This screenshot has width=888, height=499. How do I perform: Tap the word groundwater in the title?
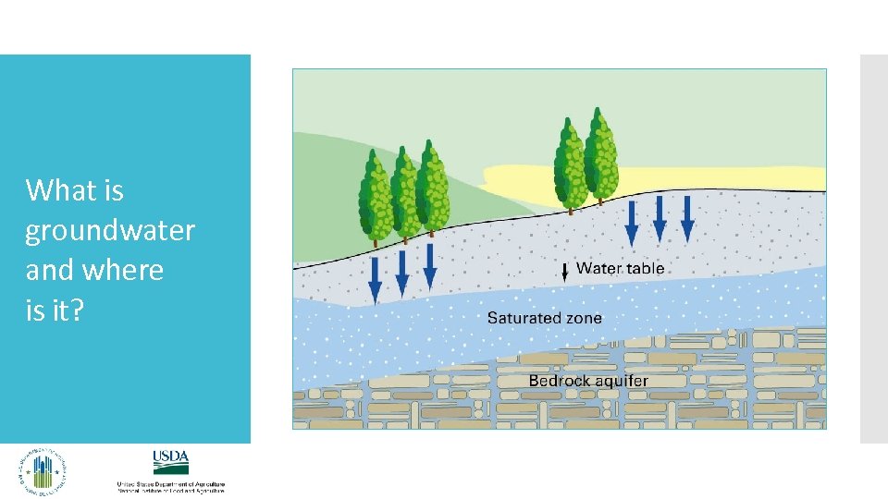coord(110,231)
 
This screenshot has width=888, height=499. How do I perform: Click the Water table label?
coord(620,269)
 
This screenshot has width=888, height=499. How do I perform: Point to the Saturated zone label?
coord(544,318)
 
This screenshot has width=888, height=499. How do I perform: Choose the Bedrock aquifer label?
coord(588,381)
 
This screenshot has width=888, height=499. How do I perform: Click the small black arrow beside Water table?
coord(565,273)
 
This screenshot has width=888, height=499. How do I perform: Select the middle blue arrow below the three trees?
coord(402,274)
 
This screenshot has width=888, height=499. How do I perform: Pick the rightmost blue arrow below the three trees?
coord(430,266)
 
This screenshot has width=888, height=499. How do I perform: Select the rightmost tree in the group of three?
coord(431,189)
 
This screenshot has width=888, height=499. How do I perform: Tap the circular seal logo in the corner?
coord(43,471)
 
